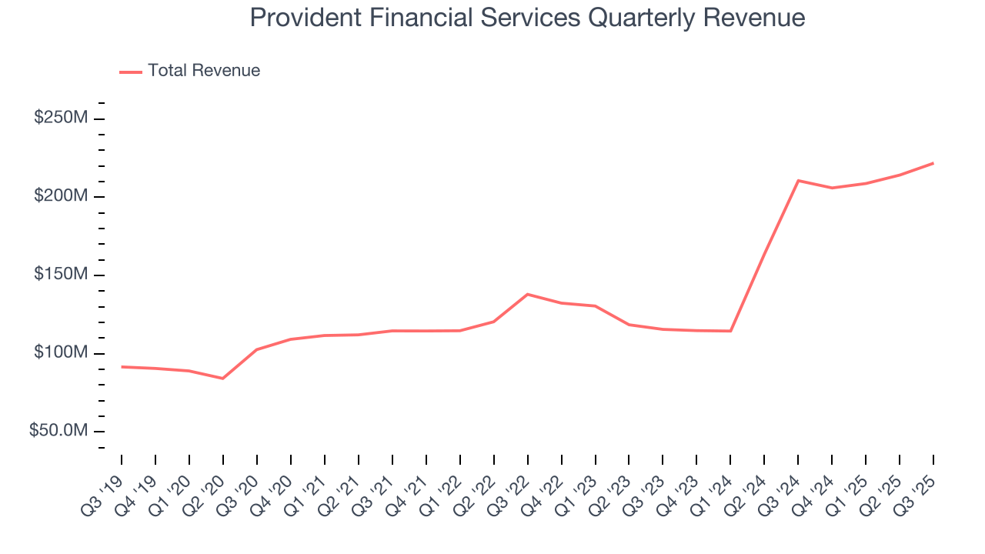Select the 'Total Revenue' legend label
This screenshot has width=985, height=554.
tap(204, 71)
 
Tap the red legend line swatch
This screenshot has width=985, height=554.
tap(131, 72)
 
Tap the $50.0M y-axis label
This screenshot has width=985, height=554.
tap(58, 431)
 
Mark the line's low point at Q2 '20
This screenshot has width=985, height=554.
tap(223, 379)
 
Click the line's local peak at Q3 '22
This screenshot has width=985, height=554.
tap(528, 294)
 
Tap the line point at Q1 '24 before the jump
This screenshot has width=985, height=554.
tap(730, 331)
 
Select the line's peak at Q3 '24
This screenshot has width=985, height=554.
tap(798, 181)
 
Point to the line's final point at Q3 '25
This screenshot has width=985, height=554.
tap(933, 163)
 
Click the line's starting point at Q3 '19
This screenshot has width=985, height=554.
tap(122, 367)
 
